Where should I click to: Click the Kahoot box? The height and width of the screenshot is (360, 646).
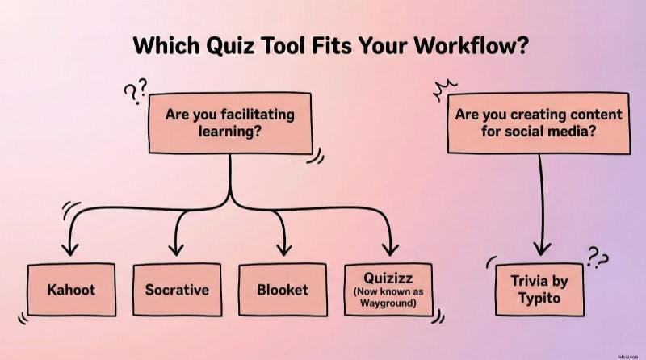pos(70,289)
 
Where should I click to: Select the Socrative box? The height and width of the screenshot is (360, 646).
pos(177,289)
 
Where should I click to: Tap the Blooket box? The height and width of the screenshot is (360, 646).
pos(282,289)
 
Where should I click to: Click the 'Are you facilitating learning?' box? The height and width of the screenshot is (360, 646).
pos(229,123)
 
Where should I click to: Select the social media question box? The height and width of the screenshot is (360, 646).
pos(539,123)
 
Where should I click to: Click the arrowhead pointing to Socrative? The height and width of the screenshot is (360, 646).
pos(177,249)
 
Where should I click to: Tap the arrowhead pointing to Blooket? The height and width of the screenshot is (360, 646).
pos(282,249)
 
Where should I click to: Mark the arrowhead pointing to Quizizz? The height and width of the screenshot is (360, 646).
pos(390,249)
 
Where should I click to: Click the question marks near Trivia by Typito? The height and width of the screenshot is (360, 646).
pos(598,259)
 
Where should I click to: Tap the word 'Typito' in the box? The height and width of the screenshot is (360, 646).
pos(540,298)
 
